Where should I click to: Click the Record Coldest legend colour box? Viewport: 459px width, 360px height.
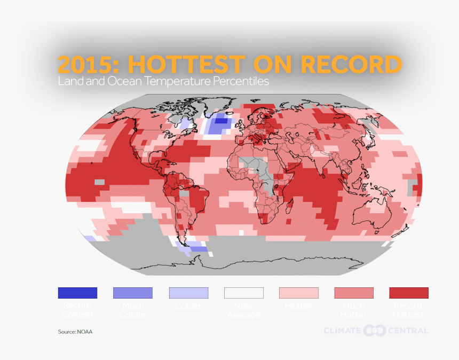click(77, 293)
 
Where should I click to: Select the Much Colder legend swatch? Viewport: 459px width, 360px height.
click(133, 293)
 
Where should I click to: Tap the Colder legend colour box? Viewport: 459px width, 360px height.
click(188, 293)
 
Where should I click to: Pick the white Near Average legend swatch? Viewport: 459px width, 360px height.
click(243, 293)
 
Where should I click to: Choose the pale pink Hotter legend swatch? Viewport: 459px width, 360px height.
click(299, 293)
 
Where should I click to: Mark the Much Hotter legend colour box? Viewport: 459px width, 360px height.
click(354, 293)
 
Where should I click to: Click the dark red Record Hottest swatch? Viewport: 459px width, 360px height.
click(409, 293)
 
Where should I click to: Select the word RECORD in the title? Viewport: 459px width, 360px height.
click(351, 65)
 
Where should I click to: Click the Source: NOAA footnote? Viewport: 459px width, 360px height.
click(75, 332)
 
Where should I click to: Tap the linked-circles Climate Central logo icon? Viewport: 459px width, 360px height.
click(375, 331)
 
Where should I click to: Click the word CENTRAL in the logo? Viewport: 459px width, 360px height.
click(408, 331)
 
